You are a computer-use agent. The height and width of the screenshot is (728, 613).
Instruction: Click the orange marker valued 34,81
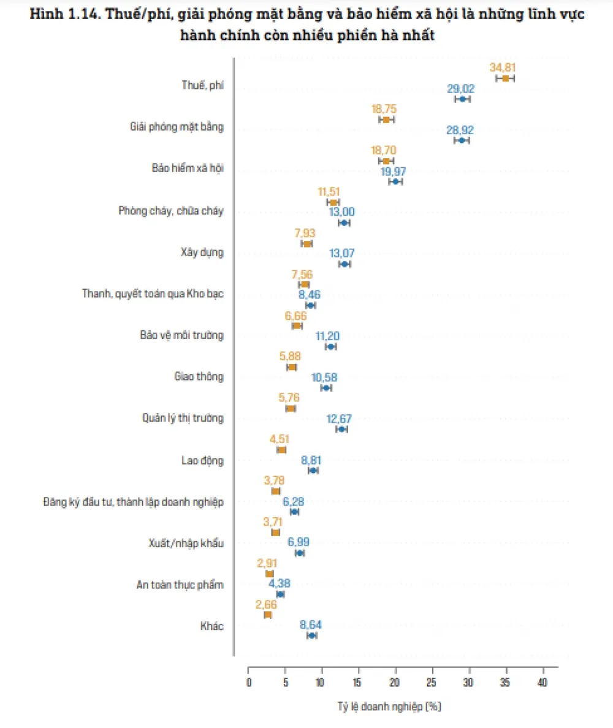505,78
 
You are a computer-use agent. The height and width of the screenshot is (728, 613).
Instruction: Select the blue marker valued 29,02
462,99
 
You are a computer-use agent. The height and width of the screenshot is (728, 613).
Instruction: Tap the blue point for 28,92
462,140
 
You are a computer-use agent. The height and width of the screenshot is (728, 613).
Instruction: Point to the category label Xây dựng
202,252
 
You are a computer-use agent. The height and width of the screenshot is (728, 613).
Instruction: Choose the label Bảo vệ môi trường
181,335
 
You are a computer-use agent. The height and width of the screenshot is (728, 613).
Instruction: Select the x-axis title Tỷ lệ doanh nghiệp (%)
389,707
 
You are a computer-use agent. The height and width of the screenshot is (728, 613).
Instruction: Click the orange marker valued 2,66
267,615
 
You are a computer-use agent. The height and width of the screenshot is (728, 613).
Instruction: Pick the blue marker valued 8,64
312,635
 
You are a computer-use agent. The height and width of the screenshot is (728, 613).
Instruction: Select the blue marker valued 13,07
345,264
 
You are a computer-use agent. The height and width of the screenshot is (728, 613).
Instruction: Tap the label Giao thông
199,376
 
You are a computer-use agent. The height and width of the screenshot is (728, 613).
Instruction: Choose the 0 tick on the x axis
248,682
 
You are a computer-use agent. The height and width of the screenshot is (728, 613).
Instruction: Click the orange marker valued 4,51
281,450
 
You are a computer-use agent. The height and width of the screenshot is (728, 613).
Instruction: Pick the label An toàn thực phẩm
180,585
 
